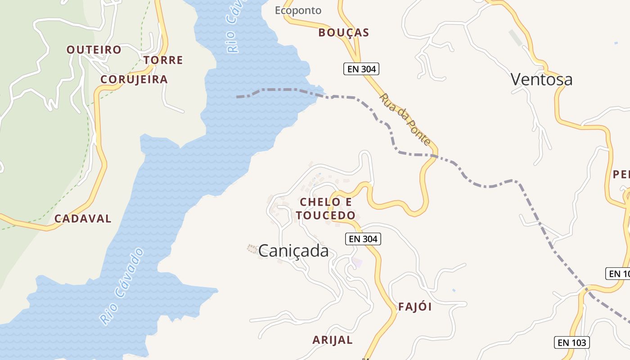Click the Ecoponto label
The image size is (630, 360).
pos(298,10)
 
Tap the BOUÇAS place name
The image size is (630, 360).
pos(343,32)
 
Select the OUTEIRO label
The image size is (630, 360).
pos(94,49)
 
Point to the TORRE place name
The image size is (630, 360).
pos(163,60)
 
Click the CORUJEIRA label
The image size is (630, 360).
pos(134,80)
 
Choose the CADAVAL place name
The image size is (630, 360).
pos(83,219)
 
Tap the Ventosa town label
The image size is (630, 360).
pos(541,80)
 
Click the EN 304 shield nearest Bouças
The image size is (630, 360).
pos(361,69)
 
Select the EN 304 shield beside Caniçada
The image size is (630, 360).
pos(363,239)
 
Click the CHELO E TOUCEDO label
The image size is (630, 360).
pos(326,208)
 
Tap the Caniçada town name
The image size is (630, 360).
pos(293,251)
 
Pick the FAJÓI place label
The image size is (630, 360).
pos(415,307)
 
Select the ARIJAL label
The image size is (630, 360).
pos(333,340)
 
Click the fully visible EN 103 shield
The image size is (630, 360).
pos(571,342)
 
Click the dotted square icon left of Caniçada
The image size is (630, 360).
pos(252,248)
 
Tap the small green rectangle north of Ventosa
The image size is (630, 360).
pos(516,38)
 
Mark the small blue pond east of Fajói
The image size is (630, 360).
pos(454,290)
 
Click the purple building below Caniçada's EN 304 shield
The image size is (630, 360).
pos(357,262)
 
